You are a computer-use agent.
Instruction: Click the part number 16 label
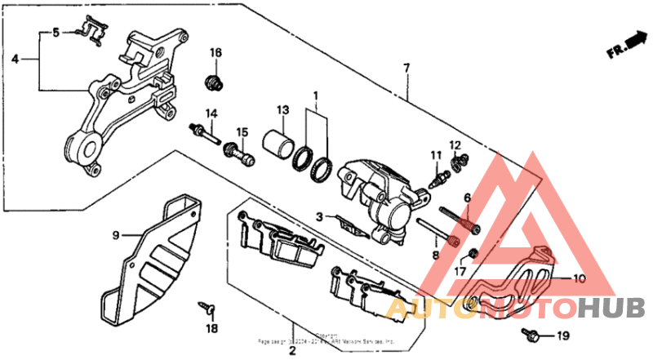point(215,53)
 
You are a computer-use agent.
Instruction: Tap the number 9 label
point(116,235)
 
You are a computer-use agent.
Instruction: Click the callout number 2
point(291,352)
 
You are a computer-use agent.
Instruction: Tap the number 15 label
point(242,132)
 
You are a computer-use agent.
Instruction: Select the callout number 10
point(579,278)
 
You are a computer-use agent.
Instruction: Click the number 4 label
point(15,59)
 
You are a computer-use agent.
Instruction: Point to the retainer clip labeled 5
point(90,32)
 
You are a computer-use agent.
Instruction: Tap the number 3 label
point(321,217)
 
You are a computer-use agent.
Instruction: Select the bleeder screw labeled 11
point(439,172)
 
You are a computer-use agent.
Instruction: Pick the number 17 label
point(460,272)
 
